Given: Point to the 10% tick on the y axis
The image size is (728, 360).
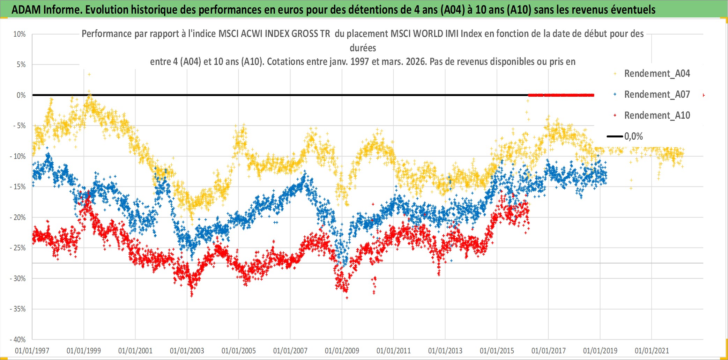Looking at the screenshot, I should click(20, 34).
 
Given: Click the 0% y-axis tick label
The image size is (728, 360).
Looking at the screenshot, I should click(21, 95).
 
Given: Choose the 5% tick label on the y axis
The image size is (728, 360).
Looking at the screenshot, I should click(21, 65).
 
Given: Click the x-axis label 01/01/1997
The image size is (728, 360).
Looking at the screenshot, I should click(32, 351).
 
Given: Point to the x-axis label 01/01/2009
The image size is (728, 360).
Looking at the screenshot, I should click(342, 351).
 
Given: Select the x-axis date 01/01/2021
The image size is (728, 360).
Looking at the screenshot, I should click(652, 351).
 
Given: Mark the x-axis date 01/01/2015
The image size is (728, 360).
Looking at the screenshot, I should click(497, 351).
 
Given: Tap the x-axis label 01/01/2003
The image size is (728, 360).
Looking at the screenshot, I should click(187, 351).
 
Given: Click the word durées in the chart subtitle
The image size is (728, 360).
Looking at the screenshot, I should click(363, 48).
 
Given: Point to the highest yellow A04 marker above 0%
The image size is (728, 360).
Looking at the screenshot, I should click(89, 74).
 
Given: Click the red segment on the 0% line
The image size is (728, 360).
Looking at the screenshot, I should click(561, 95).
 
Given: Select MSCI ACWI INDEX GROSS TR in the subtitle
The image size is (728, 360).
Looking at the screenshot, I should click(274, 34).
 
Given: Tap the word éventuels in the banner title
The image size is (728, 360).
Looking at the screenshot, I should click(633, 10).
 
